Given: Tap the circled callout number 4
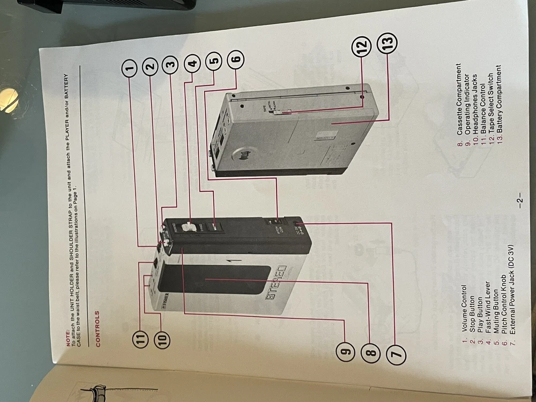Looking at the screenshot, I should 193,64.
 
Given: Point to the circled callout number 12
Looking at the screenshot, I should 360,47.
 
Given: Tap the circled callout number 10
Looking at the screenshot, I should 162,338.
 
